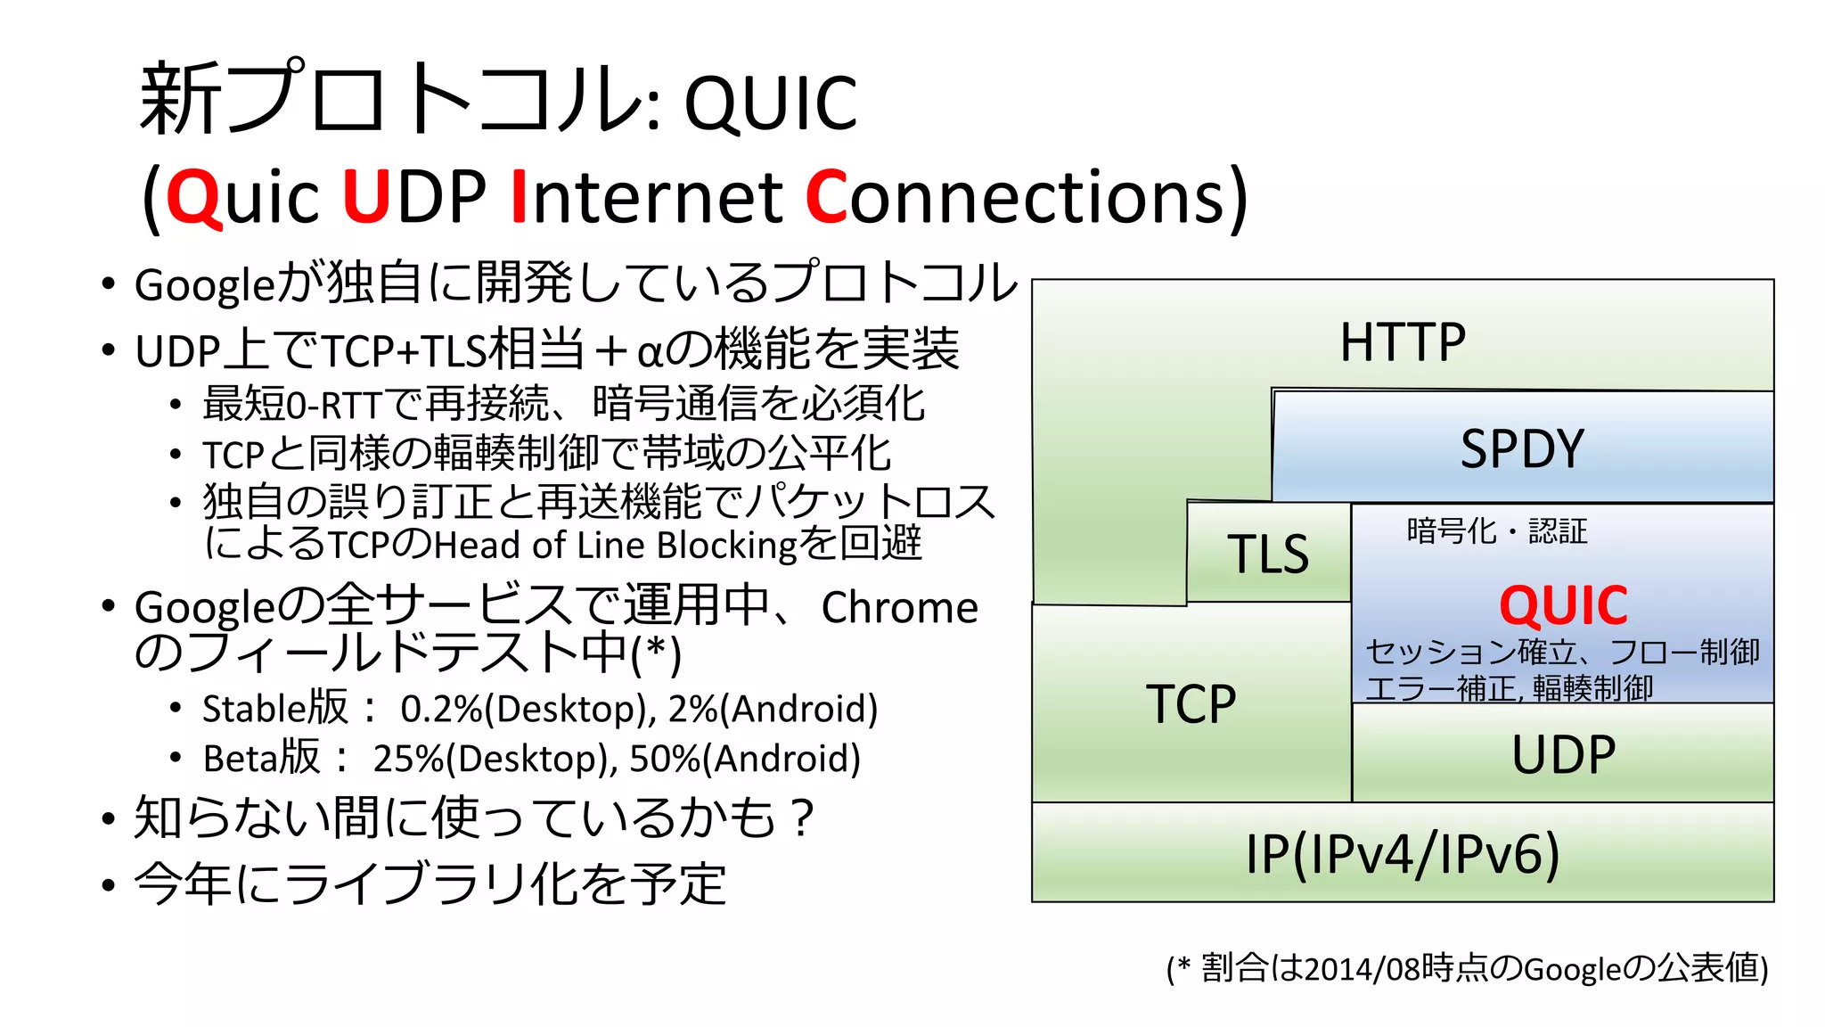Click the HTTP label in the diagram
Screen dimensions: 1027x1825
[1403, 342]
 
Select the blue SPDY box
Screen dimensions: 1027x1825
[1522, 448]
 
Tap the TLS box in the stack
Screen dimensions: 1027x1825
[1268, 554]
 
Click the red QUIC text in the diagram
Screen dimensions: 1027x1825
[1563, 606]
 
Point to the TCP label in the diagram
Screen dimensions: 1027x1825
[1191, 704]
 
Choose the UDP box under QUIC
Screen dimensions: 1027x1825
[1563, 754]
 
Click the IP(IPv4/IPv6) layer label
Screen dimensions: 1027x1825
[1403, 854]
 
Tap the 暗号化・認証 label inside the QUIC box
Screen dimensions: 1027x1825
[1497, 531]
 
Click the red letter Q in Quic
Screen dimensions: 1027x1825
[192, 198]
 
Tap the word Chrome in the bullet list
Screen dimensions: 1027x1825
[899, 608]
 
